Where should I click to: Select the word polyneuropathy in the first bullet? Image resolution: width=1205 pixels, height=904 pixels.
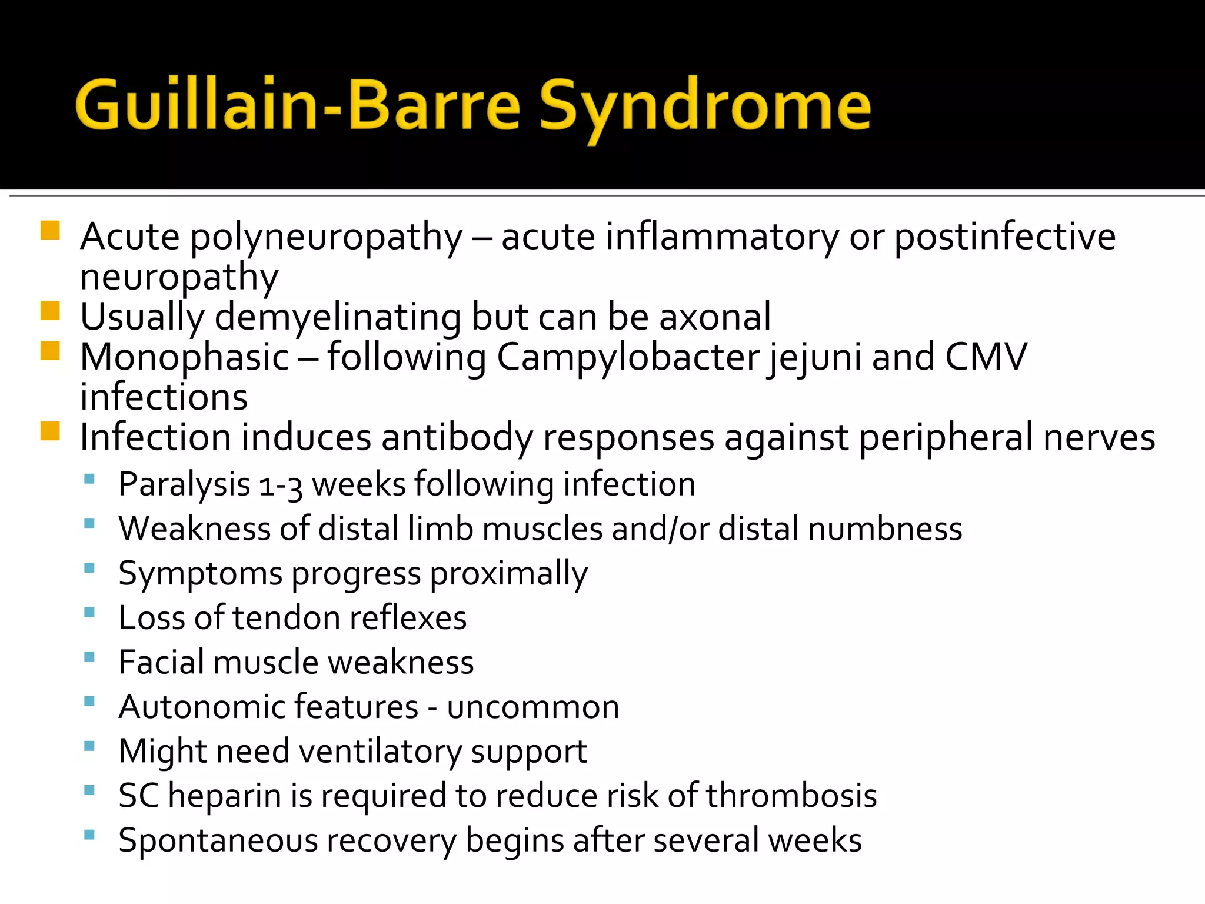pyautogui.click(x=327, y=238)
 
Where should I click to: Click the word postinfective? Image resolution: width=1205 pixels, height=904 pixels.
pyautogui.click(x=1005, y=237)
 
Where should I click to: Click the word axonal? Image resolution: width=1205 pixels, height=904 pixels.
pyautogui.click(x=714, y=317)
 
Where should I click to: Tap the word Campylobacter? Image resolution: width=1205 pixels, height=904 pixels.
pyautogui.click(x=628, y=357)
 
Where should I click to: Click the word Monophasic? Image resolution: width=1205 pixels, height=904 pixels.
pyautogui.click(x=184, y=357)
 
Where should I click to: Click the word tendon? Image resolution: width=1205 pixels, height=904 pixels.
pyautogui.click(x=286, y=618)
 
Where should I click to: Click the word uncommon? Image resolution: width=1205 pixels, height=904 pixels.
pyautogui.click(x=532, y=707)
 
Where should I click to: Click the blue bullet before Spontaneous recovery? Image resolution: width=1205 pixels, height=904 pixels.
pyautogui.click(x=89, y=835)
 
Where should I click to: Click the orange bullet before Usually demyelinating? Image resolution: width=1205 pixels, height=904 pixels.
pyautogui.click(x=51, y=311)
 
